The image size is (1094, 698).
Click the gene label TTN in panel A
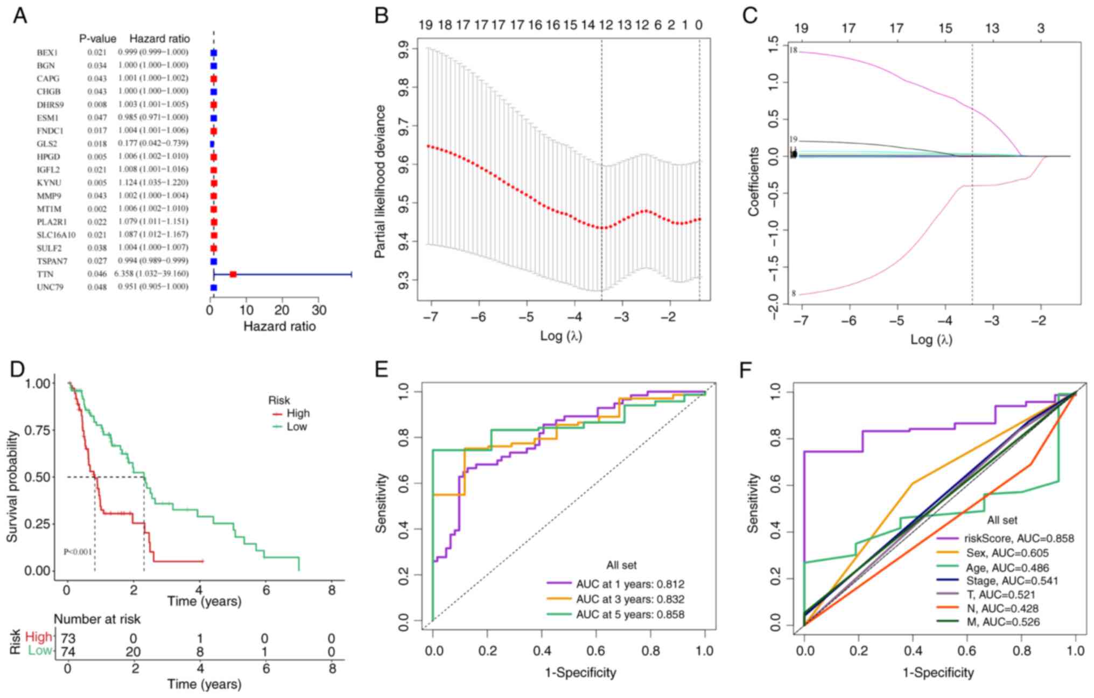click(x=45, y=274)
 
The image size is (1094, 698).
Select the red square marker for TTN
click(x=233, y=274)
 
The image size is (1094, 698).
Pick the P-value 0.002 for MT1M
click(x=97, y=209)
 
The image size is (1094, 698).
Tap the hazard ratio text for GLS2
click(x=153, y=143)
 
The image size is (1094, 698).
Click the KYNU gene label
click(x=48, y=183)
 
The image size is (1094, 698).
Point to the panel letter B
click(x=381, y=16)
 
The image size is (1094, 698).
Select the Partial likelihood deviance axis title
click(x=381, y=182)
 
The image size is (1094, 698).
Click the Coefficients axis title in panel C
click(x=753, y=182)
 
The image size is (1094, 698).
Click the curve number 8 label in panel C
click(x=793, y=294)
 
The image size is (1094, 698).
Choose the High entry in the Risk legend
click(x=298, y=413)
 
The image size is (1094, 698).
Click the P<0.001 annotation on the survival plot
click(x=78, y=552)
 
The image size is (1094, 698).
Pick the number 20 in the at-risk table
click(x=133, y=652)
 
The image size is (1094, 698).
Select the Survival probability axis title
click(x=12, y=486)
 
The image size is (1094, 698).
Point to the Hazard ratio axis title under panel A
click(x=279, y=326)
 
